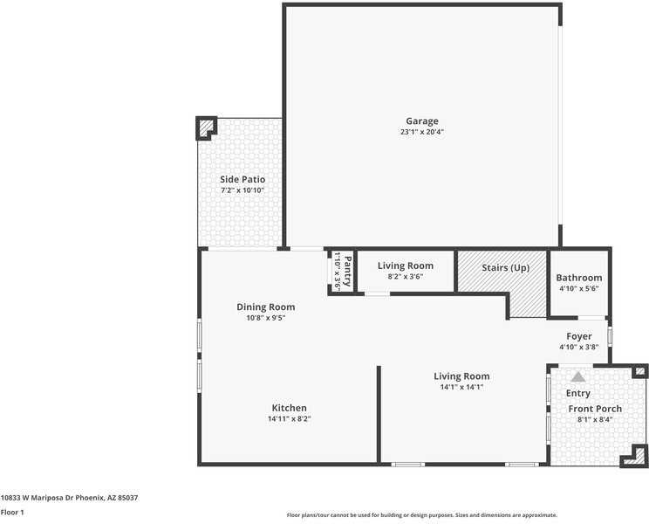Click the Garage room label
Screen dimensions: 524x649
pyautogui.click(x=421, y=121)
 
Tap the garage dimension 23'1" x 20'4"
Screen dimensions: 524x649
pyautogui.click(x=421, y=133)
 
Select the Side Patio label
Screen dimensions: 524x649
pyautogui.click(x=242, y=179)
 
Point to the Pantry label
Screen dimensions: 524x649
pyautogui.click(x=346, y=271)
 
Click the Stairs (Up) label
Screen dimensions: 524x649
pyautogui.click(x=502, y=267)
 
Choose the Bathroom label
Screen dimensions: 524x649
pyautogui.click(x=579, y=278)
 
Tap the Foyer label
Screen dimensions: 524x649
pyautogui.click(x=579, y=336)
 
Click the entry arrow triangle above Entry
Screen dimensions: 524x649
pyautogui.click(x=577, y=376)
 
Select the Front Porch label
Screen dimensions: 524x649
pyautogui.click(x=595, y=409)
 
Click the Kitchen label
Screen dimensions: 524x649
pyautogui.click(x=289, y=408)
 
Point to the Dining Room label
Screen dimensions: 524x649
pyautogui.click(x=265, y=307)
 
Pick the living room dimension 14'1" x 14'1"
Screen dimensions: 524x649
pyautogui.click(x=461, y=388)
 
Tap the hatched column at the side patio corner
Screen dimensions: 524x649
pyautogui.click(x=206, y=128)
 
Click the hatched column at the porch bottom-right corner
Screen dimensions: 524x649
pyautogui.click(x=639, y=454)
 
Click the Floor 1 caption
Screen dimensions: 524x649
pyautogui.click(x=11, y=513)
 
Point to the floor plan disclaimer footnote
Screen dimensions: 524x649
pyautogui.click(x=421, y=515)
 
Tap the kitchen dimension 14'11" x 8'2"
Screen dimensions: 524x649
pyautogui.click(x=289, y=419)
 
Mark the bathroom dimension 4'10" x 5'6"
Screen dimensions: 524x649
pyautogui.click(x=579, y=289)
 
